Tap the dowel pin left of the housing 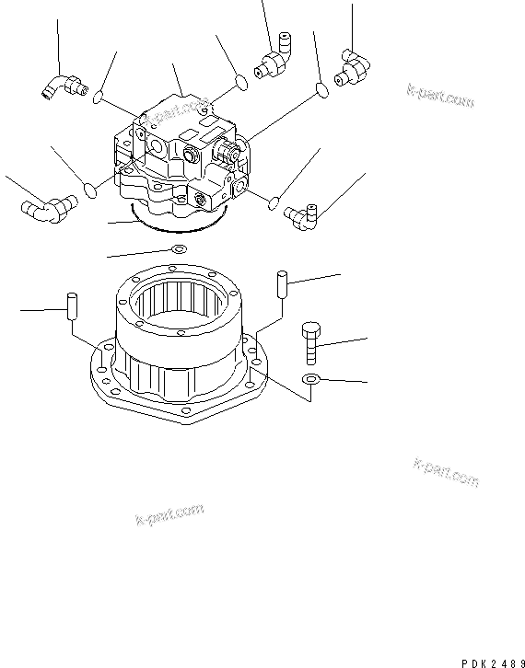(69, 306)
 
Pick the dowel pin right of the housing (282, 282)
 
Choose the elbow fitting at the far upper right (350, 69)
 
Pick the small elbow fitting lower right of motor (302, 217)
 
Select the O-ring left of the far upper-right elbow (321, 89)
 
